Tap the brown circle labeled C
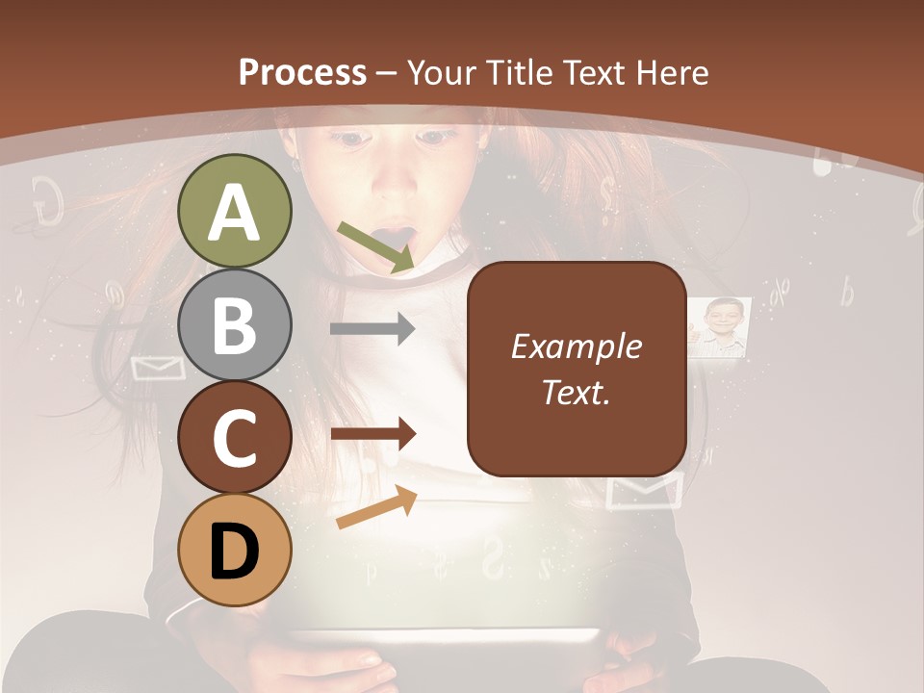click(234, 437)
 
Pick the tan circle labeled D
click(234, 550)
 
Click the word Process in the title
click(302, 72)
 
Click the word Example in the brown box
click(576, 346)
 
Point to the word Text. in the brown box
click(576, 392)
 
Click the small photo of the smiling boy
click(720, 327)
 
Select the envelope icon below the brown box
click(646, 491)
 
